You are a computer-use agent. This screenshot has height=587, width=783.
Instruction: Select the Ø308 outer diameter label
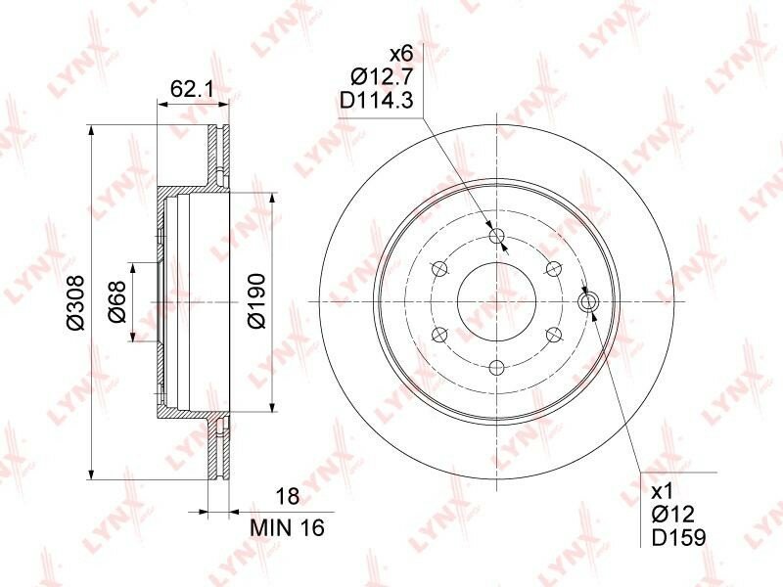(x=76, y=301)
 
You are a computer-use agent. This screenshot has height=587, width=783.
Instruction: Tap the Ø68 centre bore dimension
(x=116, y=301)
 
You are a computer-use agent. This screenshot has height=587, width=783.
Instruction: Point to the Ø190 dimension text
(x=257, y=301)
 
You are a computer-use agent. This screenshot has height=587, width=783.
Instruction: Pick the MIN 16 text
(x=287, y=527)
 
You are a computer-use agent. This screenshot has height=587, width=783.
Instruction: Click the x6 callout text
(x=401, y=54)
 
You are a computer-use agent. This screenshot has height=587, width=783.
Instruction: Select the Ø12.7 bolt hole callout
(x=382, y=77)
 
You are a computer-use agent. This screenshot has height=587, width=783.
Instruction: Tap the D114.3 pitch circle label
(x=377, y=101)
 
